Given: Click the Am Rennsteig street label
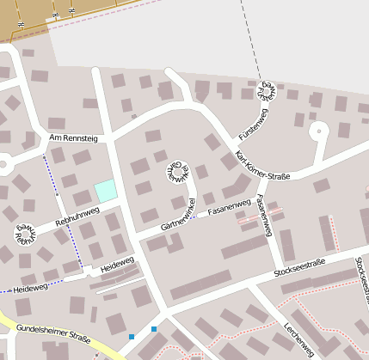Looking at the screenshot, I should (74, 137).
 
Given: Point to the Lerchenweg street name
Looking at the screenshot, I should (298, 339).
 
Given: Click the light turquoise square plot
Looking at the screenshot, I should (106, 191).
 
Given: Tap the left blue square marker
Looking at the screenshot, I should (132, 337).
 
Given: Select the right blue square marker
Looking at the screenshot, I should (154, 329).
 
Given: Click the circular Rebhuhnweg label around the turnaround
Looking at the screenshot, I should (23, 232).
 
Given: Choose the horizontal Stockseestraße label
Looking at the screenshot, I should (300, 272).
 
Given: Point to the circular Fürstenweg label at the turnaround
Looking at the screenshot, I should (268, 91).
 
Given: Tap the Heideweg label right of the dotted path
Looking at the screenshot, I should (117, 264).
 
